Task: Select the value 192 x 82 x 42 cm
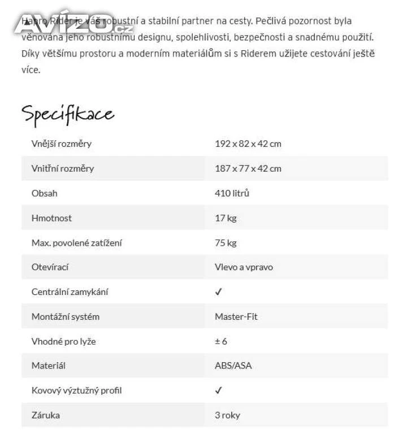pos(248,144)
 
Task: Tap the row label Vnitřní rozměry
pos(63,168)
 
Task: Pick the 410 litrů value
pos(232,193)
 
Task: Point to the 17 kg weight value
pos(226,218)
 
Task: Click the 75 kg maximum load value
pos(226,243)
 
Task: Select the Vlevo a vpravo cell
pos(244,267)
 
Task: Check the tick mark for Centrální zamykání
pos(219,292)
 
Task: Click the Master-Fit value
pos(236,316)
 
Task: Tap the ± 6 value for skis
pos(221,341)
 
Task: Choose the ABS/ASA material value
pos(233,366)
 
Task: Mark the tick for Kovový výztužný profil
pos(219,390)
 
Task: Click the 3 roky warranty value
pos(227,415)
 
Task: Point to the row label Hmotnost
pos(51,218)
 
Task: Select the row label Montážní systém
pos(65,316)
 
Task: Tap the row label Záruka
pos(45,415)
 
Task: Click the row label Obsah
pos(44,193)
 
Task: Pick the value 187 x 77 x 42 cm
pos(248,168)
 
